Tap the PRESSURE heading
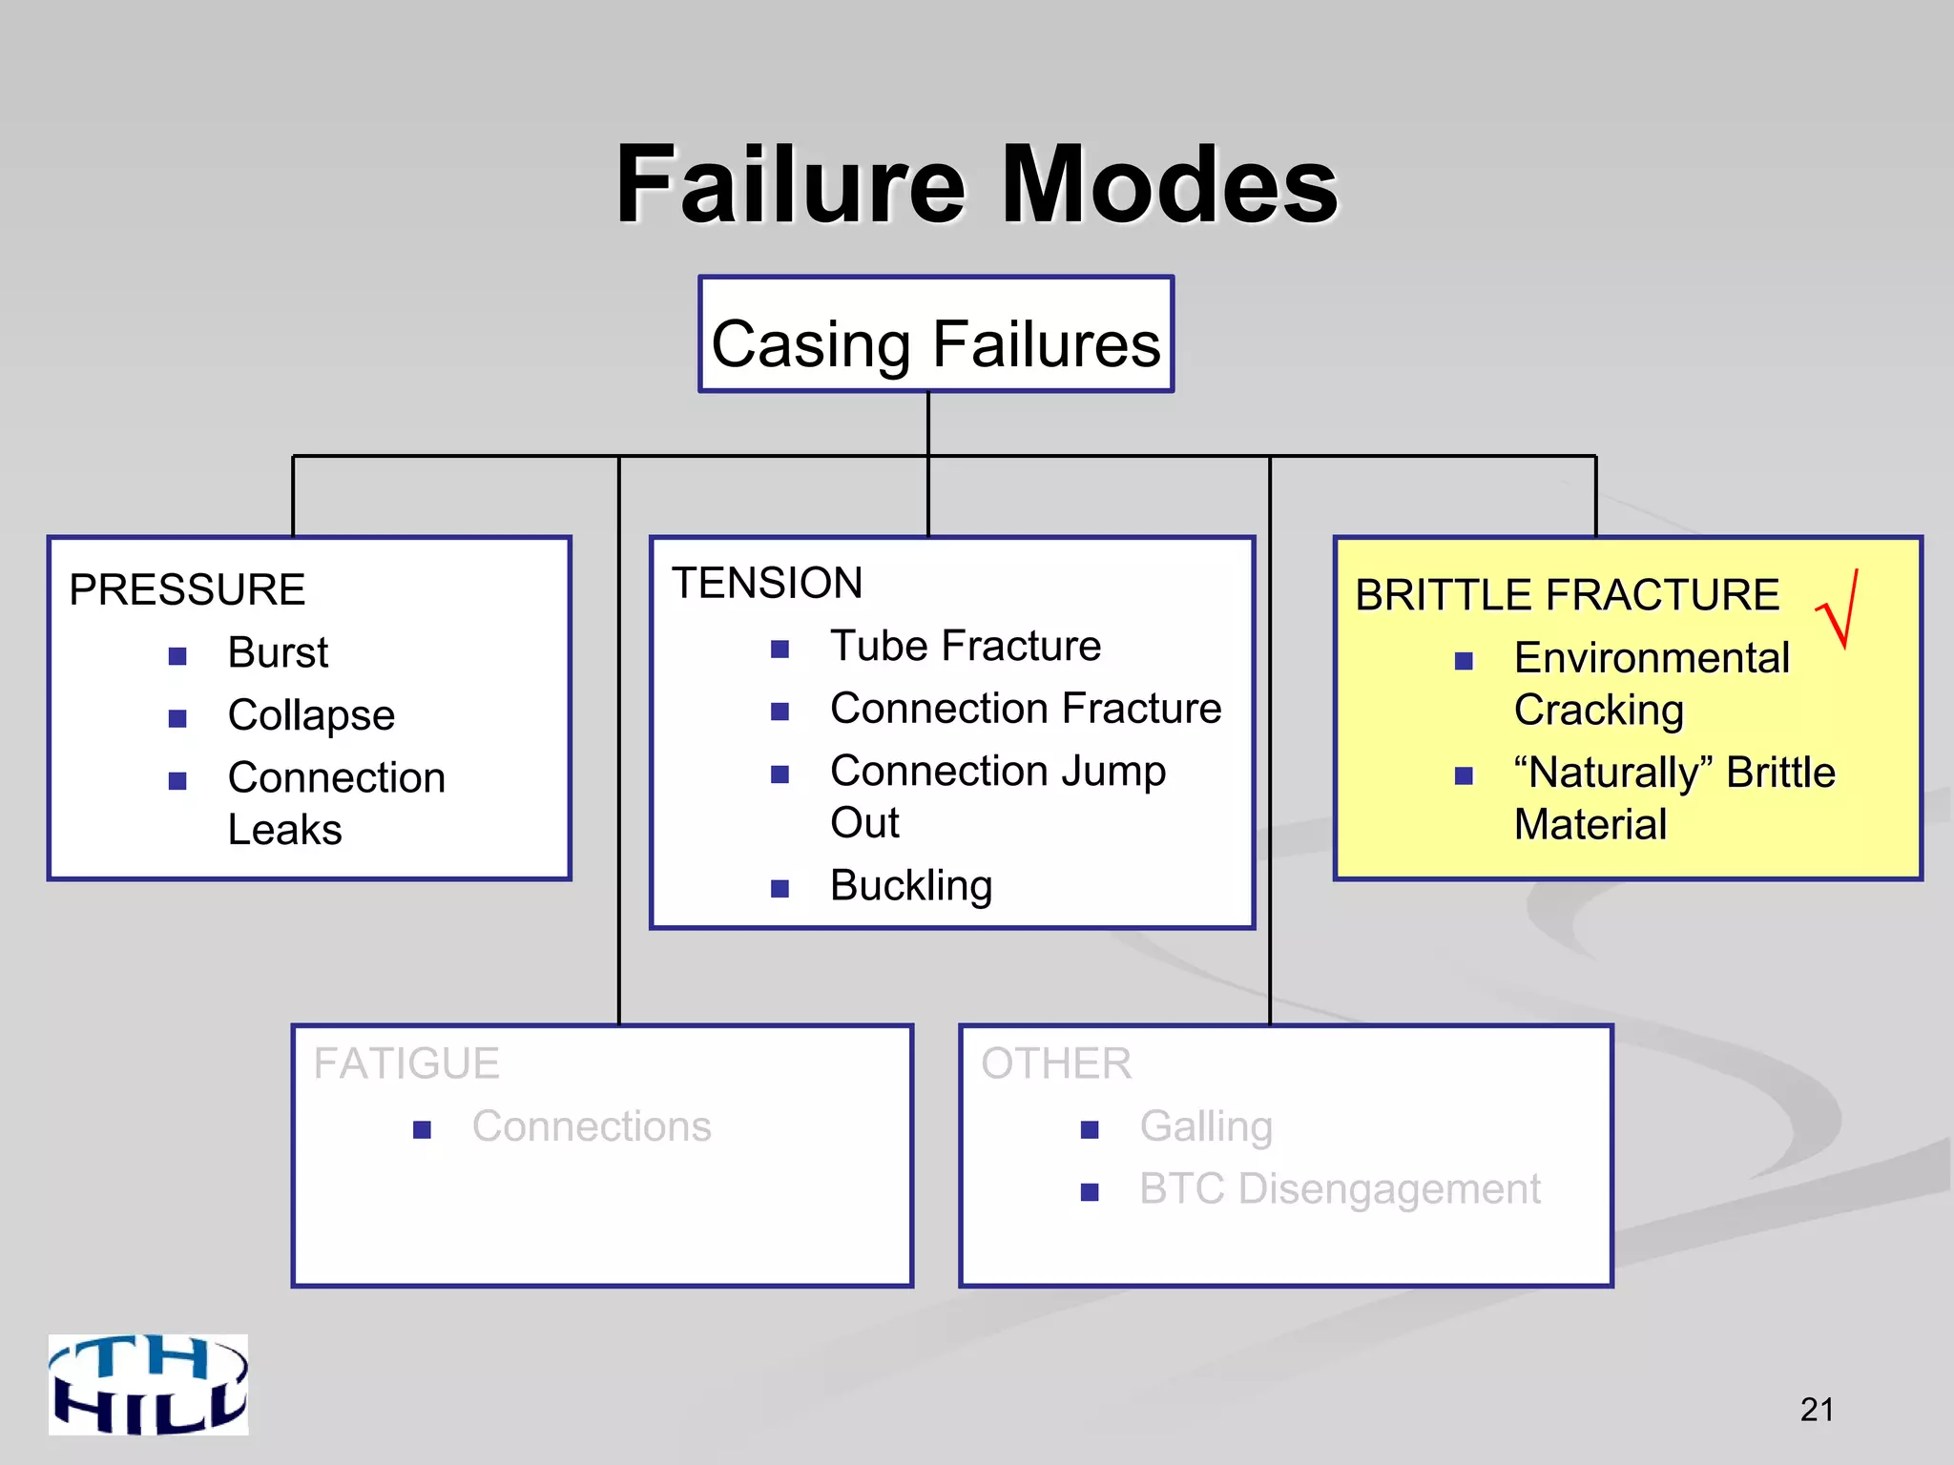pyautogui.click(x=187, y=589)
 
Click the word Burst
pyautogui.click(x=278, y=653)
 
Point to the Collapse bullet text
pyautogui.click(x=311, y=715)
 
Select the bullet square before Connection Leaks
pyautogui.click(x=177, y=781)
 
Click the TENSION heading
pyautogui.click(x=767, y=583)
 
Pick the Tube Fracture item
pyautogui.click(x=966, y=647)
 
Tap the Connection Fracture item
pyautogui.click(x=1026, y=709)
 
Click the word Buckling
pyautogui.click(x=911, y=886)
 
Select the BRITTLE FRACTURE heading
pyautogui.click(x=1567, y=595)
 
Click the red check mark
pyautogui.click(x=1840, y=610)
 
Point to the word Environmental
pyautogui.click(x=1652, y=658)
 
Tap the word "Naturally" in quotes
pyautogui.click(x=1613, y=773)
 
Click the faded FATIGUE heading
pyautogui.click(x=406, y=1063)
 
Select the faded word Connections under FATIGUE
pyautogui.click(x=592, y=1126)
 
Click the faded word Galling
pyautogui.click(x=1206, y=1126)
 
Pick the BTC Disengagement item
pyautogui.click(x=1340, y=1189)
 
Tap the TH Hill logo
pyautogui.click(x=149, y=1385)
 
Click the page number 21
pyautogui.click(x=1817, y=1410)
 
